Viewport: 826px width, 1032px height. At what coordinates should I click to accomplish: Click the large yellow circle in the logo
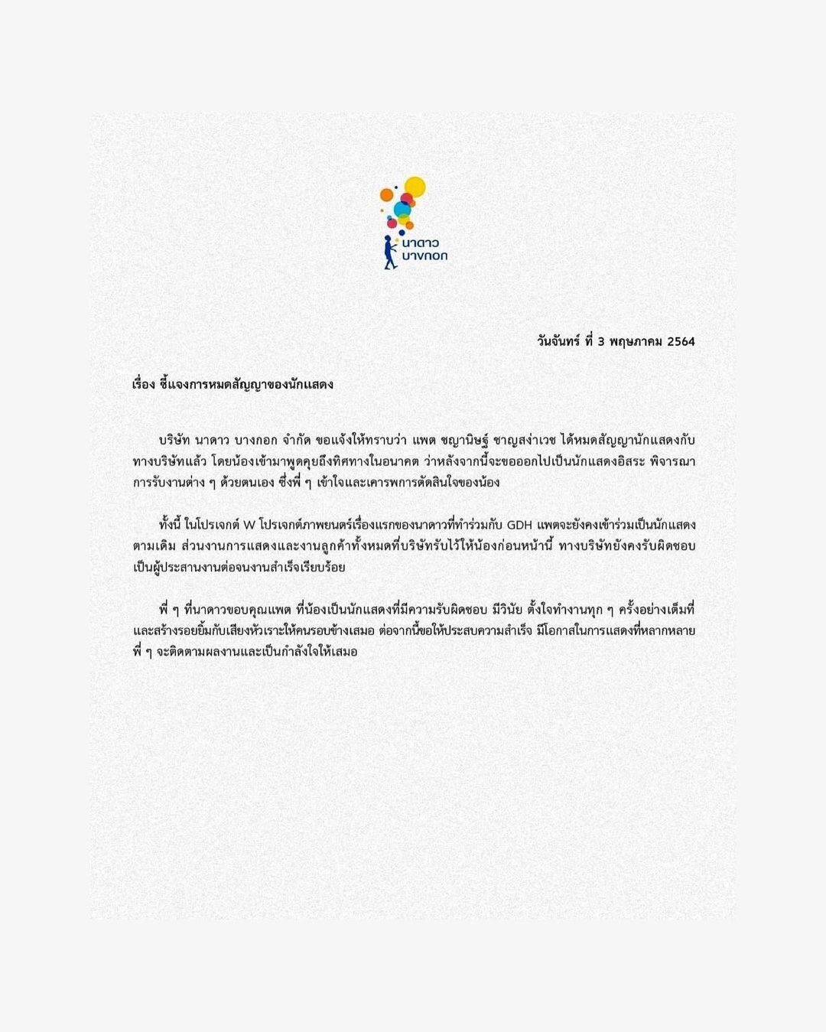point(415,187)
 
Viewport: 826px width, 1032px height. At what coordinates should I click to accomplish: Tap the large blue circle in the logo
point(402,210)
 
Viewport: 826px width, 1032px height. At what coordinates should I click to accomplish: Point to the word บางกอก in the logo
point(424,256)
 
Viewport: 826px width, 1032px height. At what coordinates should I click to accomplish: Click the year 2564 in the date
point(681,341)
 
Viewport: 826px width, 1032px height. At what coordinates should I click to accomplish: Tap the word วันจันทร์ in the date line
point(558,341)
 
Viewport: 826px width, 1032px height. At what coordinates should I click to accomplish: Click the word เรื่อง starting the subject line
point(144,384)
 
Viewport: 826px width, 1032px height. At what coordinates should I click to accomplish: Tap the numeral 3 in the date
point(601,341)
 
